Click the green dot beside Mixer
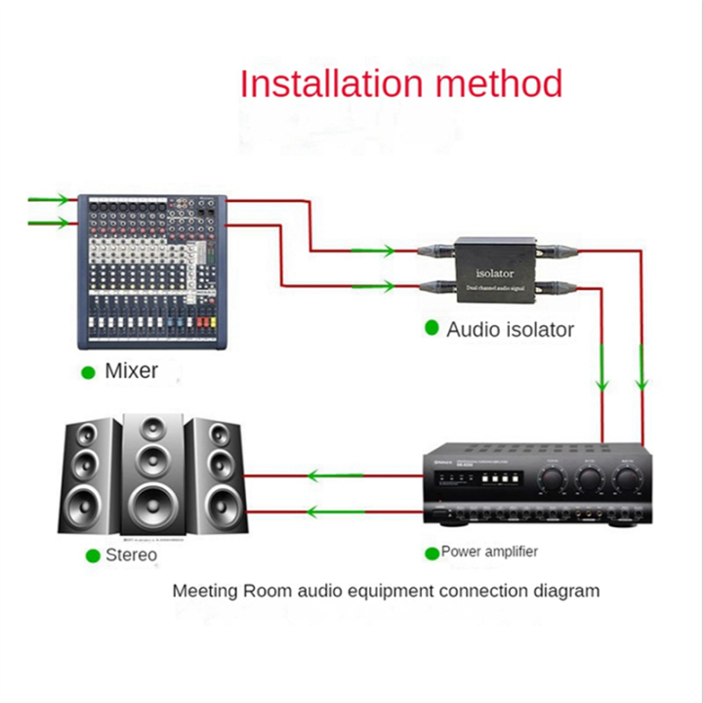pos(88,372)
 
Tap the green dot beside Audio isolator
pos(432,328)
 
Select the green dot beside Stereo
pos(93,556)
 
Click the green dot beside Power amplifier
pos(432,553)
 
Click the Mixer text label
pos(131,371)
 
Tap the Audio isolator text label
pos(511,329)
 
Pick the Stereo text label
pos(132,556)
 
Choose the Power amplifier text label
pos(489,552)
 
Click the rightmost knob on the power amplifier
pos(626,479)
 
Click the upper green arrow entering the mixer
pos(49,200)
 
